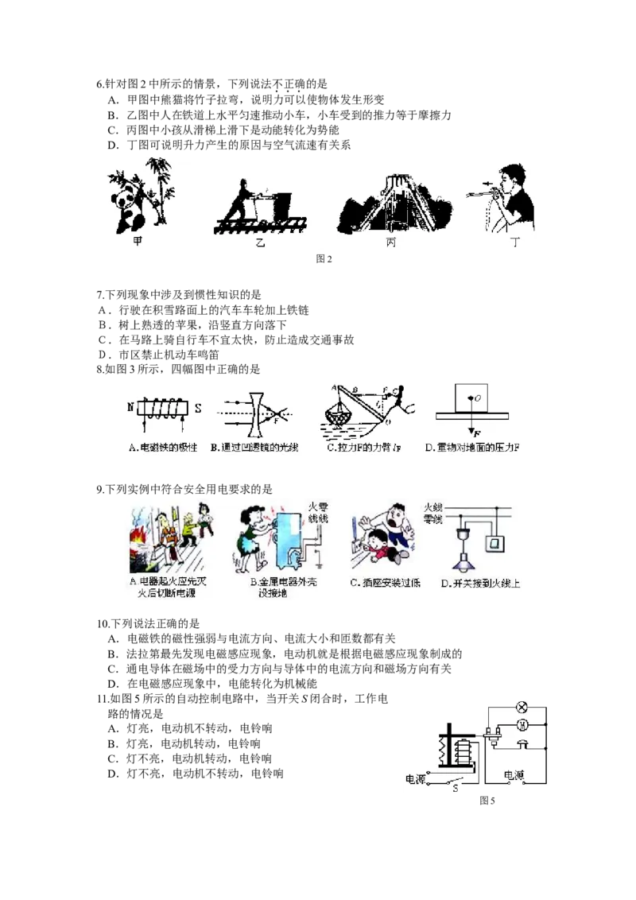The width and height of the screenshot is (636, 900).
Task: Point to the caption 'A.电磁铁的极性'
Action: click(x=163, y=448)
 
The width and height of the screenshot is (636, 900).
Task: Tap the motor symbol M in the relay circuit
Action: click(x=523, y=724)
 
